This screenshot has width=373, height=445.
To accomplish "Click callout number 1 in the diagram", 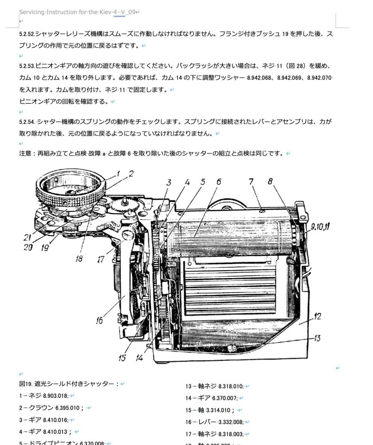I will pos(118,173).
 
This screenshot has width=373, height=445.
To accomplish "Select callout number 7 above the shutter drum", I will pos(251,182).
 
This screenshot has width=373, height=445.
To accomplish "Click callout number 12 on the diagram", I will pos(317,316).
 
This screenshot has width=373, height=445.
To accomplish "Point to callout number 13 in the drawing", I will pos(317,338).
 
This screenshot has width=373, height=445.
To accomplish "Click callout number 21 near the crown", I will pos(27,238).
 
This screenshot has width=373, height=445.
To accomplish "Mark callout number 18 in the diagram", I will pos(79,259).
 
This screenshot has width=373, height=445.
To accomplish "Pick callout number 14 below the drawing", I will pos(139,358).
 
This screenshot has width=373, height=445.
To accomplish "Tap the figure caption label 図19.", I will pos(26,384).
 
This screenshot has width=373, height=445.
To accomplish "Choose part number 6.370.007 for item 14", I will pos(225,398).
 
